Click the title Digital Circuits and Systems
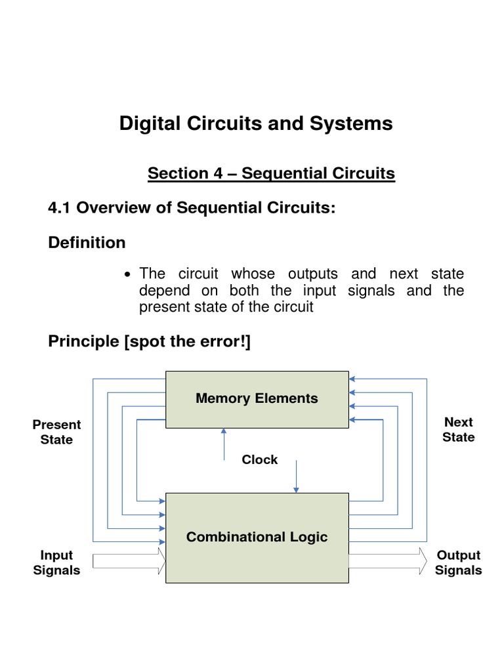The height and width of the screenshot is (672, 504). coord(256,123)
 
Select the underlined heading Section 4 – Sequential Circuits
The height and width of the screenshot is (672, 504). coord(271,173)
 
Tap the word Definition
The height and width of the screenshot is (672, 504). coord(87,242)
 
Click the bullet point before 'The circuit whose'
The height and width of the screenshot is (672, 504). coord(128,274)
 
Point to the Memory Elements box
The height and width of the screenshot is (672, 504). coord(257,398)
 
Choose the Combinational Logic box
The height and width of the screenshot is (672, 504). coord(257,537)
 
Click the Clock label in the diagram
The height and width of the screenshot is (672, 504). coord(259,459)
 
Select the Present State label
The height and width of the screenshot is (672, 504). coord(56,432)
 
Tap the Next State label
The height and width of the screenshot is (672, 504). coord(458,429)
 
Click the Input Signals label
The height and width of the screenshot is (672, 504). coord(56,562)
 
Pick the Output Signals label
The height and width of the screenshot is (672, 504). coord(458,562)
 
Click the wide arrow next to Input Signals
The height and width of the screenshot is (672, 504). coord(129,561)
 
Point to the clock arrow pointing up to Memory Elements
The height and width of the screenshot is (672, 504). coord(224,444)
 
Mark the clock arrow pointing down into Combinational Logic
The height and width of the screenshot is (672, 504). coord(296,476)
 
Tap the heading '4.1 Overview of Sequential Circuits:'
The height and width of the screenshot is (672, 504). coord(192,207)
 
